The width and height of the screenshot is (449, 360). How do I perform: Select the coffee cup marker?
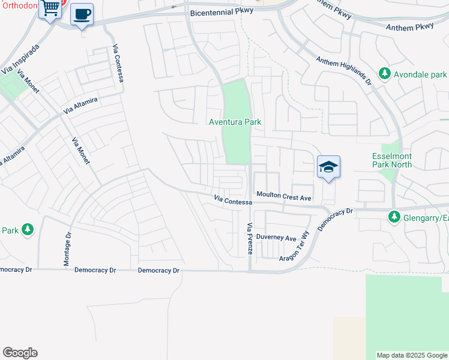point(82,14)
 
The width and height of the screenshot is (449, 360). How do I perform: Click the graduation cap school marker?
point(328,167)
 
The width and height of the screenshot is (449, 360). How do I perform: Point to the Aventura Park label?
point(235,122)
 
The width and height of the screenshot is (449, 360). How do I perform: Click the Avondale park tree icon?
point(384,75)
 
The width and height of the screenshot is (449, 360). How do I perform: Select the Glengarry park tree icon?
point(394,217)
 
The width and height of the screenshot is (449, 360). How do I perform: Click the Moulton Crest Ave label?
point(284,197)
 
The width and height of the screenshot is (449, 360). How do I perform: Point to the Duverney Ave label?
point(277,238)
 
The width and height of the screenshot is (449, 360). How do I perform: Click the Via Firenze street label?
point(250,238)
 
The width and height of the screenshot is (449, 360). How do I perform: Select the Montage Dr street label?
point(67,250)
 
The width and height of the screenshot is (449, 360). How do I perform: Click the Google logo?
point(20,353)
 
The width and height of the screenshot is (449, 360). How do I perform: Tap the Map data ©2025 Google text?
point(412,355)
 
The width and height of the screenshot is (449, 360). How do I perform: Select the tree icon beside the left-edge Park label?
point(28,230)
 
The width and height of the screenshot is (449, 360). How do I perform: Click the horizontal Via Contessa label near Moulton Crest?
point(234,200)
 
